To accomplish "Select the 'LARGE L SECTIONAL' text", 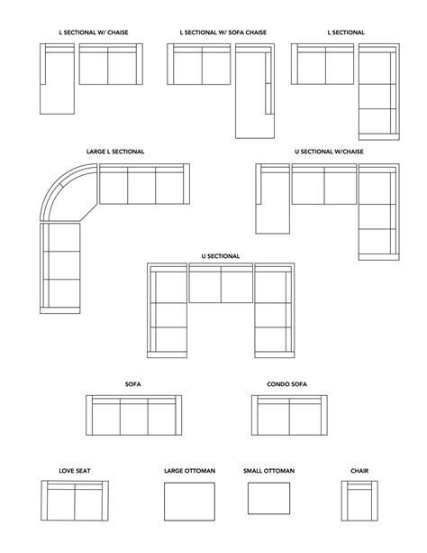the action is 115,152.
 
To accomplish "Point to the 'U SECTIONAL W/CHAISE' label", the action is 329,152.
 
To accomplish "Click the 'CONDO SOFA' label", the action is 286,384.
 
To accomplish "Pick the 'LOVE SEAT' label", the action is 75,471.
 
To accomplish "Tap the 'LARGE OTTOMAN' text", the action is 188,471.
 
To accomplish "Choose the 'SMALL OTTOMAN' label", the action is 268,471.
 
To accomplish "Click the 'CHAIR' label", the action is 361,471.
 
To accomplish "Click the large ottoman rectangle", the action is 189,501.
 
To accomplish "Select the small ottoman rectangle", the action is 268,500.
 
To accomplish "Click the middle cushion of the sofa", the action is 133,418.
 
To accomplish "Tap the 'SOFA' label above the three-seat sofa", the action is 132,384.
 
